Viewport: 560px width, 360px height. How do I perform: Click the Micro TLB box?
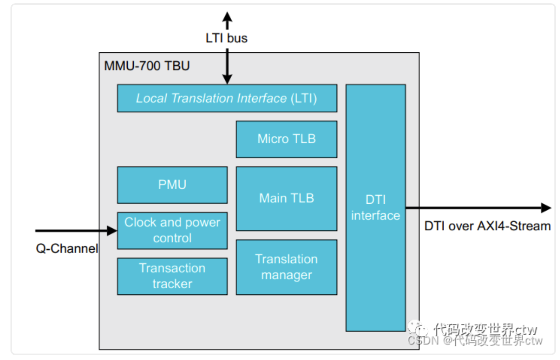point(286,139)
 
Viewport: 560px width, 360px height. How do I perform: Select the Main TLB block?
point(286,198)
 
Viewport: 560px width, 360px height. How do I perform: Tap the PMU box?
point(172,185)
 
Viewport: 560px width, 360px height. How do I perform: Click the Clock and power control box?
point(172,230)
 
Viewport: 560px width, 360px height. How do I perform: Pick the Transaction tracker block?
point(172,276)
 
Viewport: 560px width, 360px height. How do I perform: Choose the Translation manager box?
point(286,267)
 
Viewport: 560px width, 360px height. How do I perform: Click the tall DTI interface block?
point(375,207)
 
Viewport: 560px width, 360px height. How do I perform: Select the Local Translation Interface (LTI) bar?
point(227,98)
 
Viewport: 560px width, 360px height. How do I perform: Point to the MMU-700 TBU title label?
point(147,66)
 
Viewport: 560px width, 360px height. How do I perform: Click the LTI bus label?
point(226,38)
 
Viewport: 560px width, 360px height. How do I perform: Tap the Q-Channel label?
point(67,248)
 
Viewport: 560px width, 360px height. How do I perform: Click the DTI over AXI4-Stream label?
point(487,226)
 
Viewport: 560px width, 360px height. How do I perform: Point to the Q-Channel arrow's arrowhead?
point(112,231)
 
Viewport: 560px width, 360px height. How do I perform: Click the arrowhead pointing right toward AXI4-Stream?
point(546,208)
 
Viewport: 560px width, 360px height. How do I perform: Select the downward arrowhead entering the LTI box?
point(227,79)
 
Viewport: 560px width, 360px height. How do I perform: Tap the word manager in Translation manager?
point(286,275)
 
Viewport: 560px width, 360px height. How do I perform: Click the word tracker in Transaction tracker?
point(172,284)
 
